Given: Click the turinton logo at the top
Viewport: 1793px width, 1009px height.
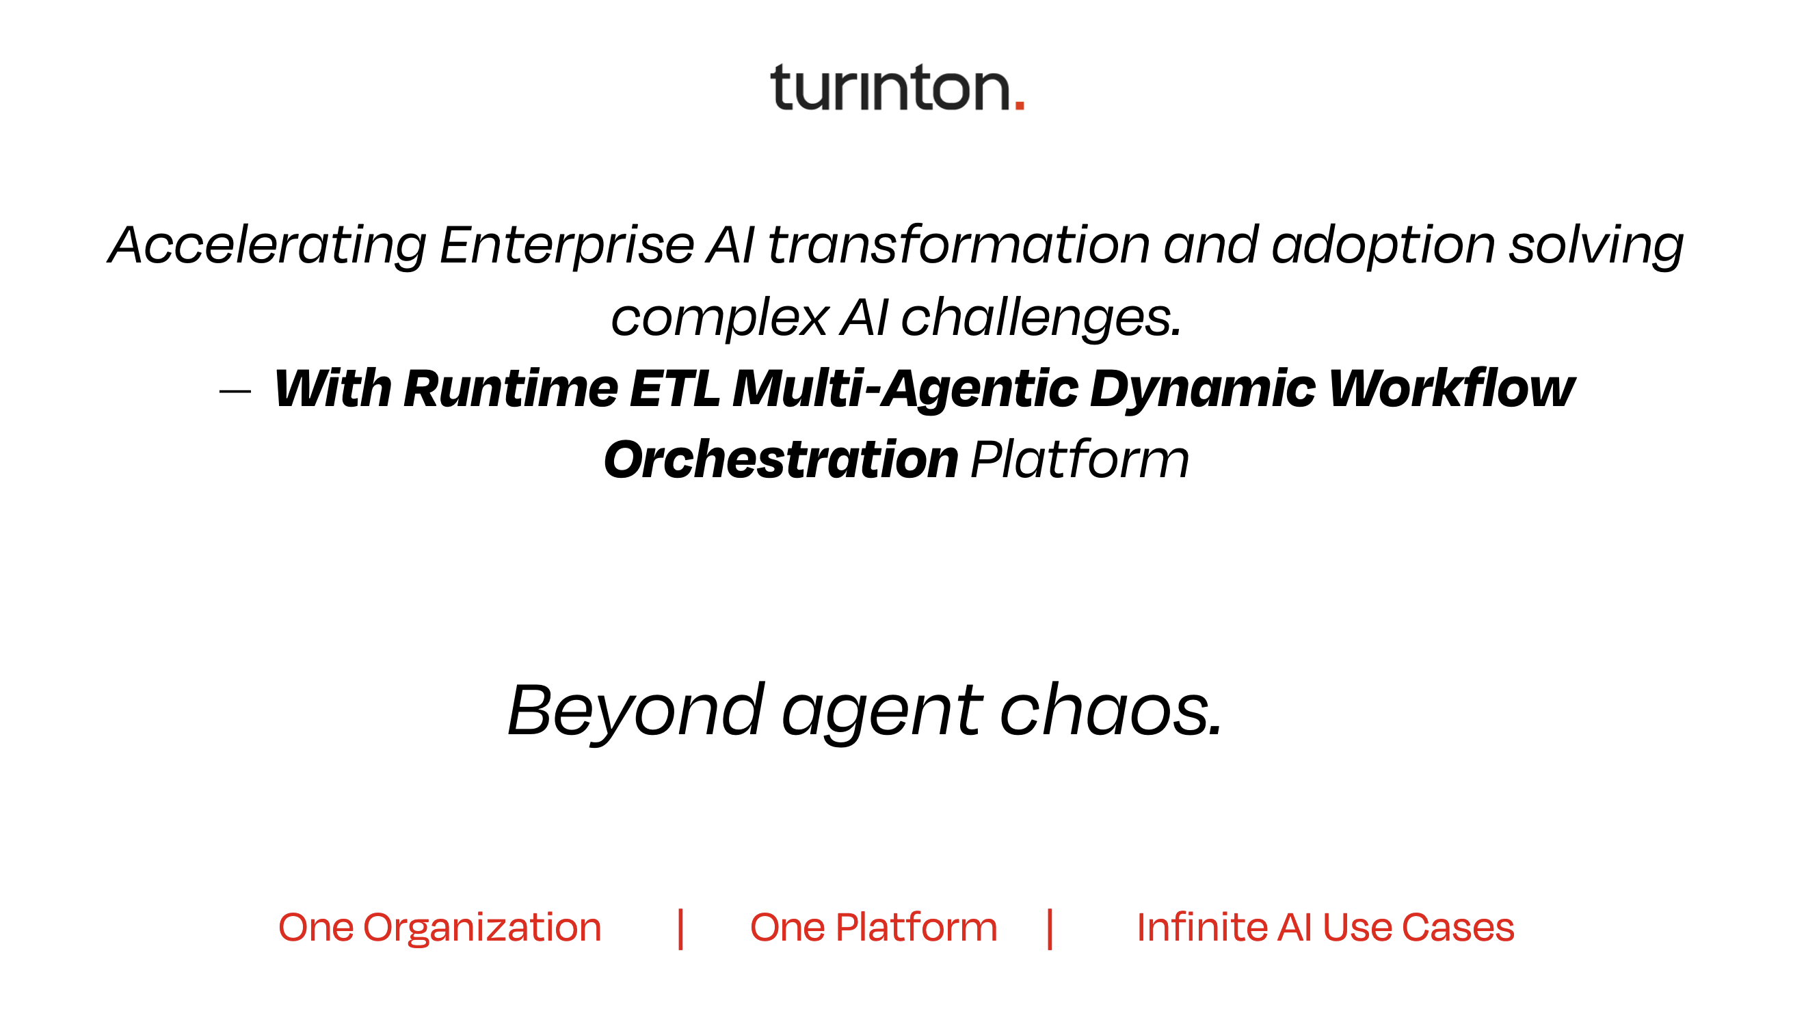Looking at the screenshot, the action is pos(897,88).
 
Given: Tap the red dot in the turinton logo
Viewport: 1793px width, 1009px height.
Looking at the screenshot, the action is pos(1020,105).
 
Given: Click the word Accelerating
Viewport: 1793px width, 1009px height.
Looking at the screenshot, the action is pos(267,246).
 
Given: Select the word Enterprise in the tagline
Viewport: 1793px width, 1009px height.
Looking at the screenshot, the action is pos(567,246).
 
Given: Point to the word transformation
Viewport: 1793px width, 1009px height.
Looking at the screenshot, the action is pos(959,245).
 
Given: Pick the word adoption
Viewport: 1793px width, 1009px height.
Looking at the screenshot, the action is pos(1383,246).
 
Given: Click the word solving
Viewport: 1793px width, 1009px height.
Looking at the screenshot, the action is pos(1596,246).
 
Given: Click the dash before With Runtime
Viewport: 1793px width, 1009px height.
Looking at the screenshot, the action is pos(235,392).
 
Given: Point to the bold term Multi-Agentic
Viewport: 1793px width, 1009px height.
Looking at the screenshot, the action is pos(905,390).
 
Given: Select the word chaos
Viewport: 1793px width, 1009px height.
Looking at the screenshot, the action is pos(1111,711).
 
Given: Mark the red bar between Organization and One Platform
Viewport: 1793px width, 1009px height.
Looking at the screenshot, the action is pos(680,929).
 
